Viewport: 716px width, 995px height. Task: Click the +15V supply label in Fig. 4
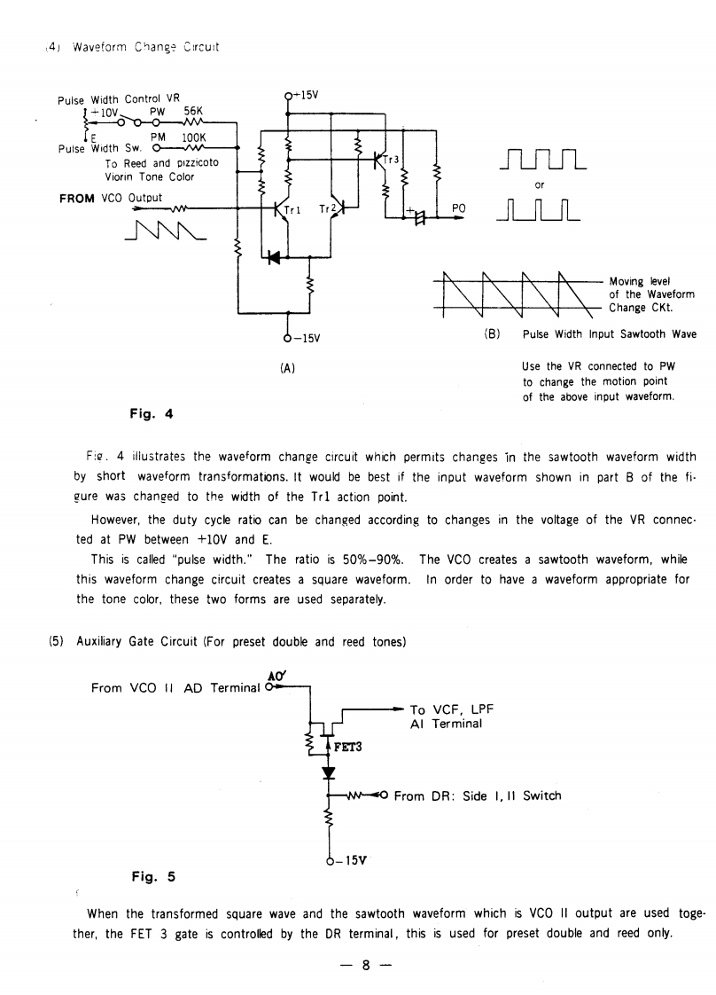[x=305, y=94]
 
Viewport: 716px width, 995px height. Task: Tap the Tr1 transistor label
[x=294, y=210]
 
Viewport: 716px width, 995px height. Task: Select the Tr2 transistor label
[x=325, y=209]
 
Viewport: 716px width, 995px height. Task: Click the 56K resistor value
[x=194, y=111]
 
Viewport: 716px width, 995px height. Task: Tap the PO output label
[x=458, y=208]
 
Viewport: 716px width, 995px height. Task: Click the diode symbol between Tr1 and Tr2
[x=273, y=257]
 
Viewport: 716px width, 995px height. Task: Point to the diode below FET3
[x=330, y=772]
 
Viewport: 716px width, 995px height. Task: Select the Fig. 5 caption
[x=153, y=877]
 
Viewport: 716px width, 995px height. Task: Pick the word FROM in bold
[x=76, y=198]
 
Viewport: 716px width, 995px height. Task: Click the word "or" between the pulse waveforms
[x=540, y=186]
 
